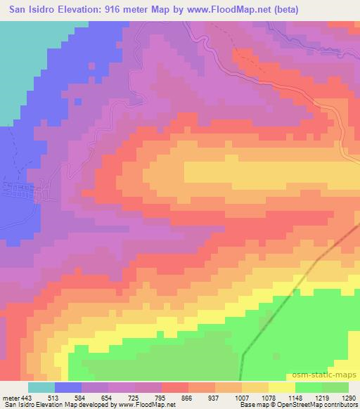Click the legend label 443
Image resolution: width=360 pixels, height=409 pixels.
[x=27, y=397]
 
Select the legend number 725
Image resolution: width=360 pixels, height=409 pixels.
[x=144, y=397]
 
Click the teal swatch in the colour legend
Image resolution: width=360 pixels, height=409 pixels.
[x=41, y=387]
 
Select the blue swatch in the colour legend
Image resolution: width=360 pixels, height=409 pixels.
[x=69, y=387]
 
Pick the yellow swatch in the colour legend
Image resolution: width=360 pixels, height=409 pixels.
[x=283, y=387]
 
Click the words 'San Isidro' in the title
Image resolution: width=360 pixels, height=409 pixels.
[x=27, y=10]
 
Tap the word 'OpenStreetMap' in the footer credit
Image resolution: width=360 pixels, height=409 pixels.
[x=299, y=405]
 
